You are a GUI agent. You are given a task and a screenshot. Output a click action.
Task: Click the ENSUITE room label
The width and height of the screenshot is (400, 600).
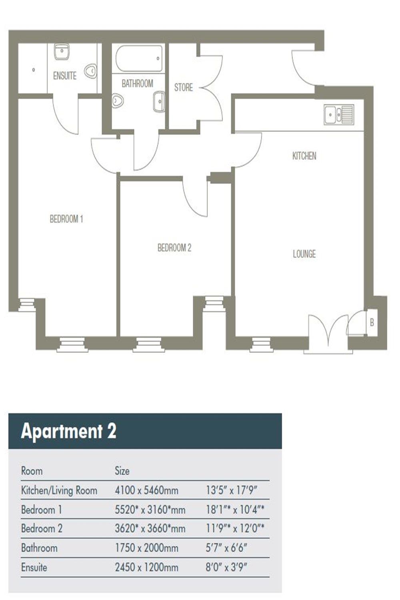[65, 76]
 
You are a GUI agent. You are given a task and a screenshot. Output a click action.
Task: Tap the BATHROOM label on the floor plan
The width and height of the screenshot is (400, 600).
[137, 83]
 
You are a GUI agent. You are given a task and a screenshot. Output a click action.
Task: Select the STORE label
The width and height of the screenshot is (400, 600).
[183, 87]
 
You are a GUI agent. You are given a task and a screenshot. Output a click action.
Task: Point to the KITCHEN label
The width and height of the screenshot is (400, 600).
[304, 156]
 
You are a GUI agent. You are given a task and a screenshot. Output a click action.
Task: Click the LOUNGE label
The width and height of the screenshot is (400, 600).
[304, 254]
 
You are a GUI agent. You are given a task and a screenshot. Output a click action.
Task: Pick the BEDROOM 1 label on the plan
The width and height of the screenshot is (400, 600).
[66, 219]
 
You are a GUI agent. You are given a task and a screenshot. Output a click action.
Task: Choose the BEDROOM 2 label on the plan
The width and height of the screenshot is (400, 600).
[174, 248]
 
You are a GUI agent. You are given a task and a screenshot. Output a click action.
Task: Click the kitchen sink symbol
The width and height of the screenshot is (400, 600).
[339, 114]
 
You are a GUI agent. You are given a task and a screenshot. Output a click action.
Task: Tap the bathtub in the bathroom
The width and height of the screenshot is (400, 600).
[139, 58]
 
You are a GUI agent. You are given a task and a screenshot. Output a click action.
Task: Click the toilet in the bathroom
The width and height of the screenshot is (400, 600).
[118, 100]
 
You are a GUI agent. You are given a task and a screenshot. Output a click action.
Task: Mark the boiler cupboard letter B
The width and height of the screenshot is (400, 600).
[372, 322]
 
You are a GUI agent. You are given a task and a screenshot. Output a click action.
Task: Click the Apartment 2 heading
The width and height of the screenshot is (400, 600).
[68, 431]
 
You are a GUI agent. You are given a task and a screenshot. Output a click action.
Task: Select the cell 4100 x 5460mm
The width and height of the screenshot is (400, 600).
[146, 490]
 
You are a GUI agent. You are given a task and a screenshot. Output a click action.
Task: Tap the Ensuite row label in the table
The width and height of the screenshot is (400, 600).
[34, 567]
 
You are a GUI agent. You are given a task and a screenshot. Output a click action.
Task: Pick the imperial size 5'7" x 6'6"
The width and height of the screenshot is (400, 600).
[226, 548]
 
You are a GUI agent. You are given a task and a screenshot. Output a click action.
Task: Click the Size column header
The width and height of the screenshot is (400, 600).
[122, 470]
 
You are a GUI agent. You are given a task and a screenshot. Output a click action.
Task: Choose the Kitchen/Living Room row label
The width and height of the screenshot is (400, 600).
[59, 490]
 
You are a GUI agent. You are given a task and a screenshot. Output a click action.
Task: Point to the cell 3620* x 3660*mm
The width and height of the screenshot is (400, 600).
[150, 529]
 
